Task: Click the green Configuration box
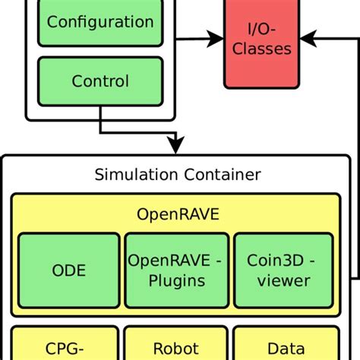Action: [x=99, y=23]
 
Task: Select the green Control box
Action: [x=99, y=81]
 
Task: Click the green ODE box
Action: [x=68, y=270]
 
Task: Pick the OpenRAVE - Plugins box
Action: [x=176, y=270]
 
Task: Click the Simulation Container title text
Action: [x=177, y=175]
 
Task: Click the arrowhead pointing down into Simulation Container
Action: [x=176, y=144]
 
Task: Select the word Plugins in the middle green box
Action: [x=176, y=280]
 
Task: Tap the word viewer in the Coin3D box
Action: [x=283, y=280]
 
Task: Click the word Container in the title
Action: [x=226, y=175]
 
